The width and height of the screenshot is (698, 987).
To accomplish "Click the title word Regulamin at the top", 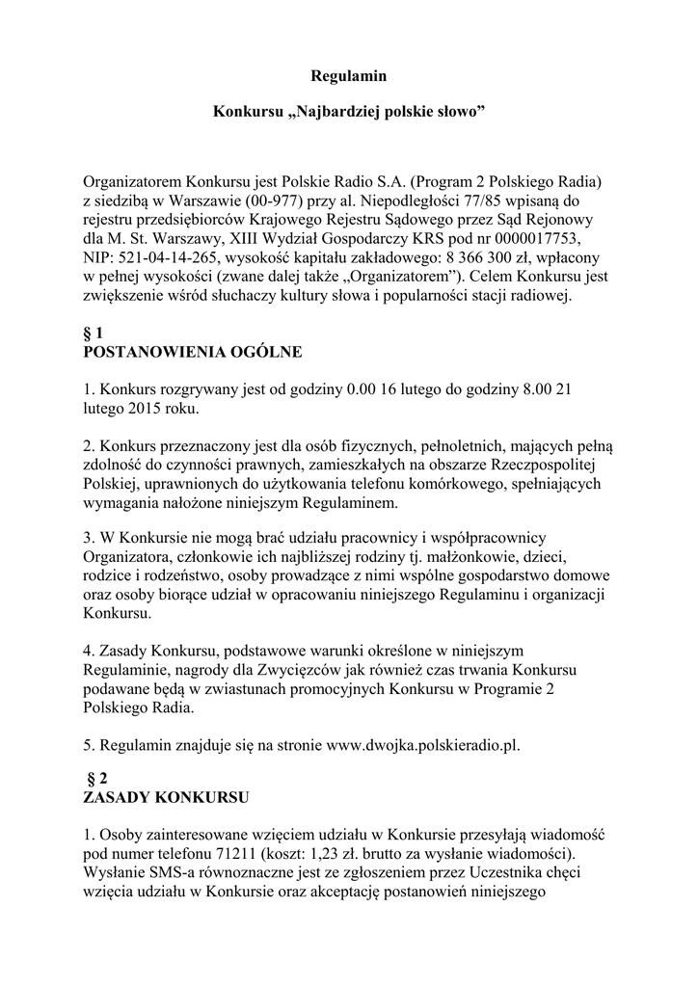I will [x=348, y=75].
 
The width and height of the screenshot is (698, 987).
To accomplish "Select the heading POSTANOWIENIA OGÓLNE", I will [x=193, y=353].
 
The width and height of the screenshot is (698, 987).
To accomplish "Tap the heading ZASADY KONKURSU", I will [x=167, y=798].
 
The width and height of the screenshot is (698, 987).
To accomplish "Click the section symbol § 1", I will [x=94, y=333].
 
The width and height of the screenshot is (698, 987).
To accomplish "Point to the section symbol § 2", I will [x=96, y=779].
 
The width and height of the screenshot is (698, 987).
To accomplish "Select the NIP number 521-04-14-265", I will [x=165, y=258].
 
